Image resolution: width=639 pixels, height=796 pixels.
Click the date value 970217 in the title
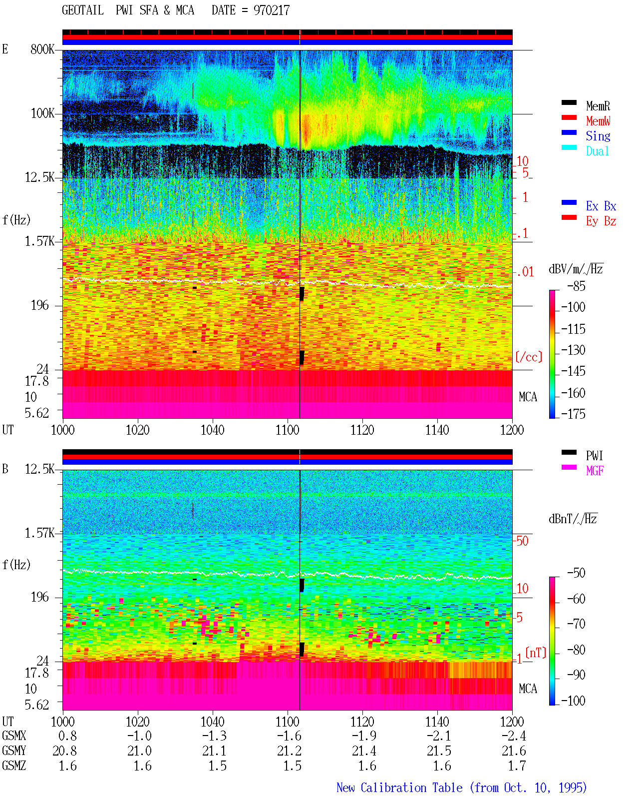coord(272,10)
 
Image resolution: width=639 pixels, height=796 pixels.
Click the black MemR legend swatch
coord(569,102)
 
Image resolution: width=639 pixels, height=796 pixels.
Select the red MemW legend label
coord(598,121)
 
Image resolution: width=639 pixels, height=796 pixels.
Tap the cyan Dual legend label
coord(597,151)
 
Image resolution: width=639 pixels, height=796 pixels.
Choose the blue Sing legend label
coord(598,136)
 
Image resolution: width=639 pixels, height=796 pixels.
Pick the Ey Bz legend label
coord(601,221)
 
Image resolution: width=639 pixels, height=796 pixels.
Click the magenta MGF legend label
coord(595,471)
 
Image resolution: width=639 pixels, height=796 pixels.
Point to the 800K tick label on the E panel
coord(42,49)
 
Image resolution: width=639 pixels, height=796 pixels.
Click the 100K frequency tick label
coord(42,113)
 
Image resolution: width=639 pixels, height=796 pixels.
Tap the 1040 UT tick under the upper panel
coord(213,430)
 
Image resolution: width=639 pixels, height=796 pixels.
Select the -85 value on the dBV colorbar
coord(576,286)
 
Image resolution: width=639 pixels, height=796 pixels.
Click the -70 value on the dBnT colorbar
coord(576,624)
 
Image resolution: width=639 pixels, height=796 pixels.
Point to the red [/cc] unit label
coord(529,357)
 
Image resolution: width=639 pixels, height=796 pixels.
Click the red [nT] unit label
coord(536,653)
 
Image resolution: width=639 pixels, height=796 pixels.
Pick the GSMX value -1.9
coord(364,736)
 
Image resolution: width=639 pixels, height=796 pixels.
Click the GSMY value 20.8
coord(65,751)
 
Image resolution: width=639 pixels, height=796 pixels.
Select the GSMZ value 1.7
coord(517,766)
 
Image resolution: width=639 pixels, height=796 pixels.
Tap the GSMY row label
coord(14,751)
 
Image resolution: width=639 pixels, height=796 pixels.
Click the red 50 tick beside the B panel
coord(522,541)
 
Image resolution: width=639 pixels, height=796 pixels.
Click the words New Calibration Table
coord(399,788)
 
